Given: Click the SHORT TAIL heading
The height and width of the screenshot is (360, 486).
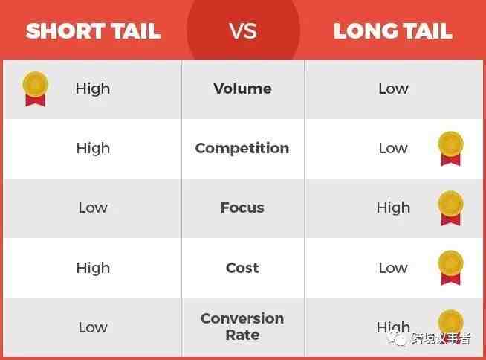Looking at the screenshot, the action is [x=93, y=31].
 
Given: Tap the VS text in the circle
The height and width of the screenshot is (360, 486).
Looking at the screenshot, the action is [x=243, y=31].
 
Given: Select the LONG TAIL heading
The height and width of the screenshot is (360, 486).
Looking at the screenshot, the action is [x=393, y=31].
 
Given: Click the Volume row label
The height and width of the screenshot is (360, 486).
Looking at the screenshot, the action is [x=243, y=89].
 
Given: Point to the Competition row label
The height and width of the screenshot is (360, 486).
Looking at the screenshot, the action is [x=242, y=148].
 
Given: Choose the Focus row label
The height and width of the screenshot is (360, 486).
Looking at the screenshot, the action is [x=242, y=208].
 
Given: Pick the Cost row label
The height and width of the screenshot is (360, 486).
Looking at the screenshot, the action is [x=242, y=268].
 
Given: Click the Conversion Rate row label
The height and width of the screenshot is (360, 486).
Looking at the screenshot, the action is [x=242, y=327].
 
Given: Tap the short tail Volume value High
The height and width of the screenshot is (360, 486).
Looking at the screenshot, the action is [x=93, y=89].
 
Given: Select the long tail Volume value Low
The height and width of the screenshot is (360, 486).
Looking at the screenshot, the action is [x=393, y=89].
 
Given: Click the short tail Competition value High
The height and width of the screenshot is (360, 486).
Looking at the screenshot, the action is [x=94, y=149].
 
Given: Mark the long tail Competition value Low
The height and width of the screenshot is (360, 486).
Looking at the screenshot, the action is [x=393, y=148].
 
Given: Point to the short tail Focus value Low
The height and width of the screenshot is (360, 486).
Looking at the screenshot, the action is [x=93, y=208].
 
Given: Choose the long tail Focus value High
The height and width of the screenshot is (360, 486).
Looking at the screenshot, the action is [x=393, y=208].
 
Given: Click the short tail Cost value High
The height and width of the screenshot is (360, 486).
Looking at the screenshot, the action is [x=94, y=269].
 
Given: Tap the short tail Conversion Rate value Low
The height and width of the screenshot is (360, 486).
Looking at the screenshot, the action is [x=93, y=327].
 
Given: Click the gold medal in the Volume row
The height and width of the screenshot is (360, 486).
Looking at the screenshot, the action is [x=36, y=89].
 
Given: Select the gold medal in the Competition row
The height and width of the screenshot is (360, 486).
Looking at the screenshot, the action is [x=450, y=148].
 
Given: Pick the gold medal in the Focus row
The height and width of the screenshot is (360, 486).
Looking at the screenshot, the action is [x=450, y=208].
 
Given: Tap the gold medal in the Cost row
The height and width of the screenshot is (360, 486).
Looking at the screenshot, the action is [x=450, y=268].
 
